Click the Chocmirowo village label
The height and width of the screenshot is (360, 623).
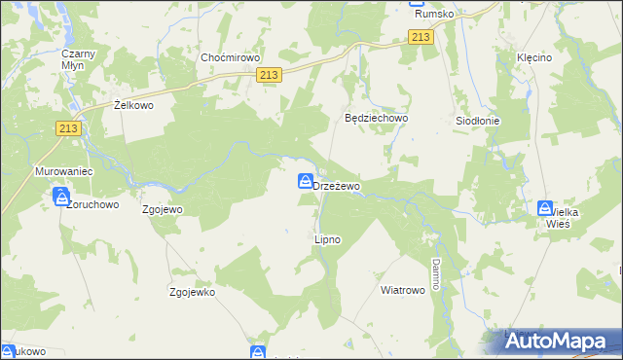pyautogui.click(x=227, y=57)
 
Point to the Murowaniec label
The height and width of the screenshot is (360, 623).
pyautogui.click(x=63, y=171)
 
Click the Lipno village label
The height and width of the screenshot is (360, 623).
pyautogui.click(x=327, y=238)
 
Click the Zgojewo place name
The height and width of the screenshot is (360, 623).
pyautogui.click(x=163, y=208)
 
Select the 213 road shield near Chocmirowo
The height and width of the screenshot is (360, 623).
pyautogui.click(x=271, y=75)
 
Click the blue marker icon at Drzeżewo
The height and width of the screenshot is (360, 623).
pyautogui.click(x=306, y=181)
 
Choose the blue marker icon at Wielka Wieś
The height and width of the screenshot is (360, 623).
pyautogui.click(x=545, y=208)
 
